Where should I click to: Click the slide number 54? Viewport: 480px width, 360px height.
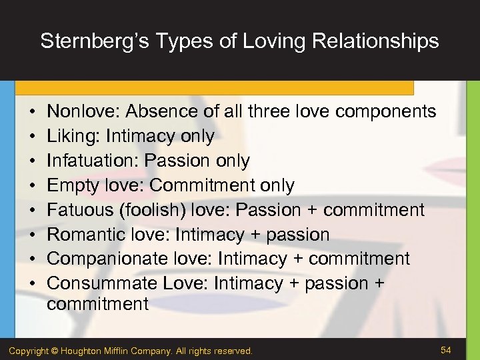[446, 349]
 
